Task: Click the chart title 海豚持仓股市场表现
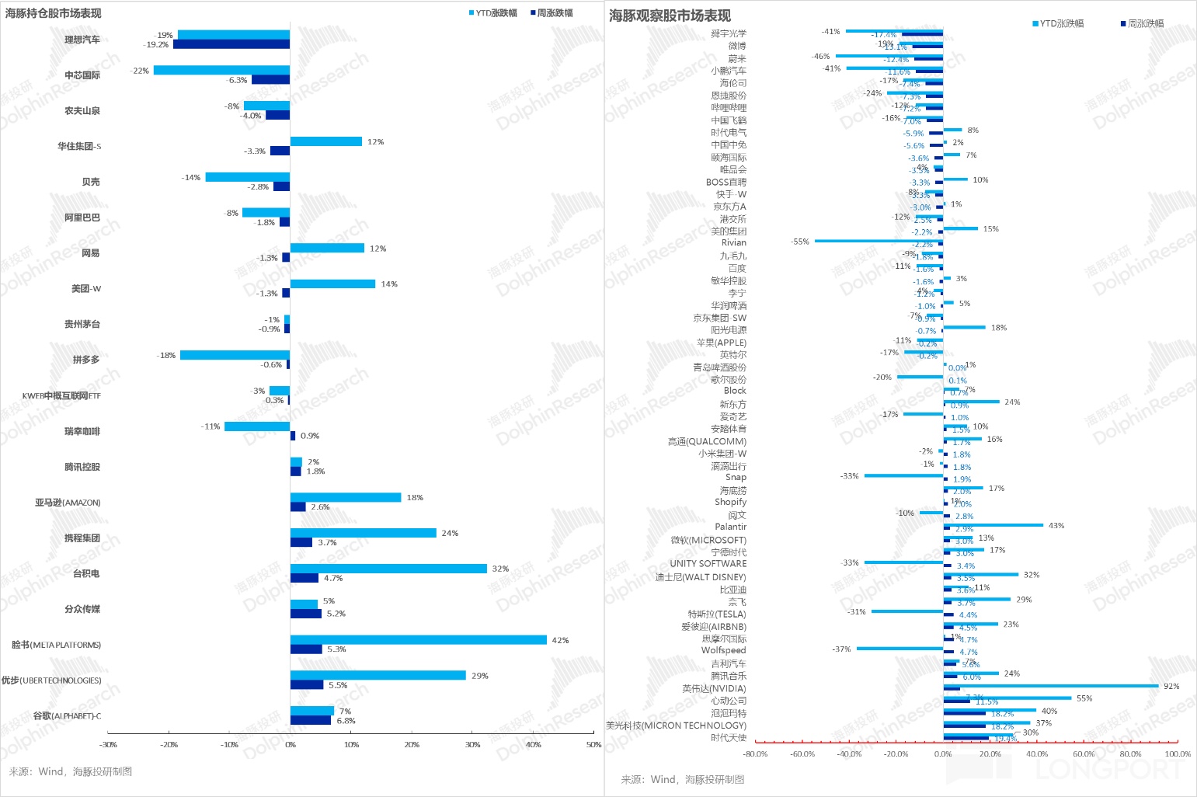click(53, 13)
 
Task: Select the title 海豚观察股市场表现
click(670, 16)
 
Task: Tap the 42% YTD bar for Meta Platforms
click(418, 640)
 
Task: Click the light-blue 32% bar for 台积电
click(388, 569)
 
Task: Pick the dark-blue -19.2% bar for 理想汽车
click(231, 44)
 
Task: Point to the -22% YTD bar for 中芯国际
click(221, 70)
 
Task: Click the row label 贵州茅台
click(82, 324)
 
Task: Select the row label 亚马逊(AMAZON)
click(68, 503)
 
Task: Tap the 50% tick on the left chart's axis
click(593, 744)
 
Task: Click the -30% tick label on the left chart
click(108, 744)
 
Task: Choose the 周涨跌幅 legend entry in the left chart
click(552, 13)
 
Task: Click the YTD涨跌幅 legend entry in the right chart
click(1059, 24)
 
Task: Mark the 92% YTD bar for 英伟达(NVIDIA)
click(1051, 686)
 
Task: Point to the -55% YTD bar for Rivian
click(879, 241)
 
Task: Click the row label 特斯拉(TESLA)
click(716, 614)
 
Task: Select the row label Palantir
click(730, 527)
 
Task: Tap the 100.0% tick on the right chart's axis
click(1178, 753)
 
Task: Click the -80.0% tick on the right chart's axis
click(755, 753)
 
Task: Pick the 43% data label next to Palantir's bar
click(1056, 526)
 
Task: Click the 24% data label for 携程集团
click(450, 533)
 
